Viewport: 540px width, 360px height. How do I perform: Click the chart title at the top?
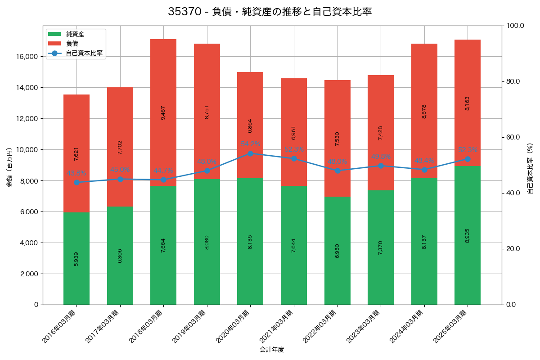click(270, 12)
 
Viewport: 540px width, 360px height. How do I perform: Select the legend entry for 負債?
click(72, 44)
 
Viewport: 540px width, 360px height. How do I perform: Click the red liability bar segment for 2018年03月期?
click(163, 112)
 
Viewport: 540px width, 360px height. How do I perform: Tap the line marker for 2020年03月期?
click(251, 153)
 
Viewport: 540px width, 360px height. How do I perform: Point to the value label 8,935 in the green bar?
click(468, 236)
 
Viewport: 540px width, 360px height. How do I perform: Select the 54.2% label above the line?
click(251, 144)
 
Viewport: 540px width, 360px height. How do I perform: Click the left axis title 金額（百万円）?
click(9, 167)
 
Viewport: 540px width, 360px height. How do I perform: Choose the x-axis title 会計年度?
click(272, 350)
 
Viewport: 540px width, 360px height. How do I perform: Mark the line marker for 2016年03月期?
click(76, 182)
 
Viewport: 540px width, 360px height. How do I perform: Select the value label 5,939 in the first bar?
click(76, 259)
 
